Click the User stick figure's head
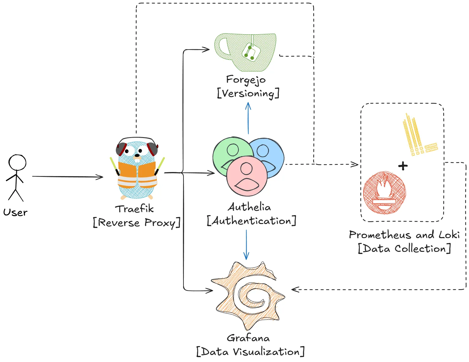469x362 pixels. point(17,162)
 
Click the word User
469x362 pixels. point(15,212)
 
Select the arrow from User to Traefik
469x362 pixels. point(67,177)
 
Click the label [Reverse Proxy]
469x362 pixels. point(136,223)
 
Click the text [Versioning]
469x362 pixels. point(248,93)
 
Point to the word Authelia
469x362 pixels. point(249,207)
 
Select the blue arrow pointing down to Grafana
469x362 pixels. point(246,245)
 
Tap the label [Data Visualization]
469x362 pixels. point(250,352)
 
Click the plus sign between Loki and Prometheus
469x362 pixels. point(403,166)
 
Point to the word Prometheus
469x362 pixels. point(380,235)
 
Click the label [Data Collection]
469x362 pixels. point(404,248)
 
